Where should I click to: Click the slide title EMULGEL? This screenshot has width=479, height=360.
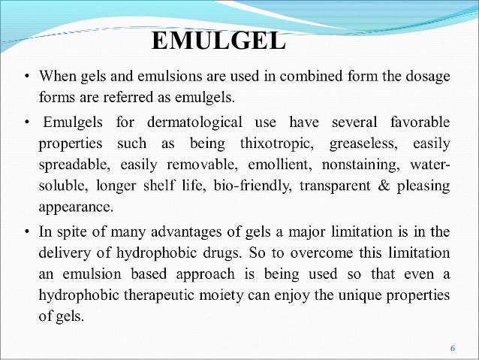[218, 41]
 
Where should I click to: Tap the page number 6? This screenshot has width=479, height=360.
[452, 348]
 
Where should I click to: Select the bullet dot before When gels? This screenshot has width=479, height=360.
[27, 77]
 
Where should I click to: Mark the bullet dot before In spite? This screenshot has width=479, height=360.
[27, 230]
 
